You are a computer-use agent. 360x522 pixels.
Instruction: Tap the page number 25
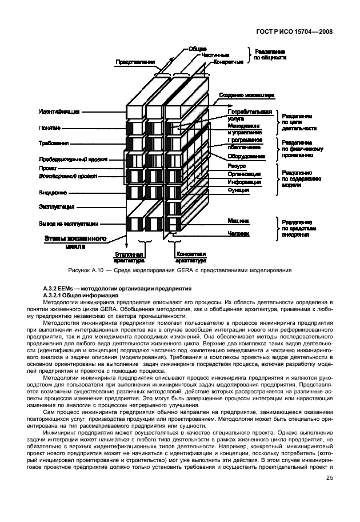[x=330, y=478]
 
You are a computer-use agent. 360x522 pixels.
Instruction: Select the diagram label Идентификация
[x=59, y=111]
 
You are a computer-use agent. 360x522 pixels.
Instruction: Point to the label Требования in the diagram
[x=54, y=144]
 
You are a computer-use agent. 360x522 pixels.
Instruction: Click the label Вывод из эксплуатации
[x=69, y=224]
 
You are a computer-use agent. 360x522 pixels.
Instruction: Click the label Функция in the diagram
[x=238, y=189]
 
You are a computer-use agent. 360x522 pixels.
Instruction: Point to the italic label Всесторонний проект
[x=64, y=177]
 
